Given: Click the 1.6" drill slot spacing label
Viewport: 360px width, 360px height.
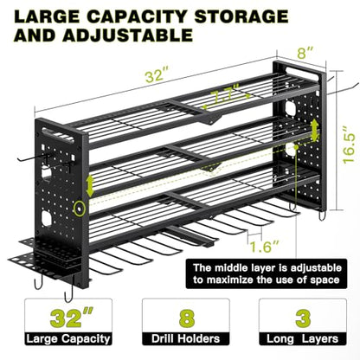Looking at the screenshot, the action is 264,247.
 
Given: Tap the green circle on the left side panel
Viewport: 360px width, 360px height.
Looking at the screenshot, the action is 79,209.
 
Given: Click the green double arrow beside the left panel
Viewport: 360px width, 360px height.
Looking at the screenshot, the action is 90,185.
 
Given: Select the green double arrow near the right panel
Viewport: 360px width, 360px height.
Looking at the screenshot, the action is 315,130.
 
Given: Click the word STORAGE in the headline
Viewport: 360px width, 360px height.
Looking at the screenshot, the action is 241,16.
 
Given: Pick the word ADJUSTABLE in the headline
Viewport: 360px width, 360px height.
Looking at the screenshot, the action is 127,35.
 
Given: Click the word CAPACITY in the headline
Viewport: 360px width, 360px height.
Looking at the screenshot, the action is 138,16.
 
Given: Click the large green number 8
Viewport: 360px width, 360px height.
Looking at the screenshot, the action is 187,318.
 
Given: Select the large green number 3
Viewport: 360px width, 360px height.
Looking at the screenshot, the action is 303,318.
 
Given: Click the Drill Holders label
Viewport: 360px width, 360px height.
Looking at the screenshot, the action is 186,338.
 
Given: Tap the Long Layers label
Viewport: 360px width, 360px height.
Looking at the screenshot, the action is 302,339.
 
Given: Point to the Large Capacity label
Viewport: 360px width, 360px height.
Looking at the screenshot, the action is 68,338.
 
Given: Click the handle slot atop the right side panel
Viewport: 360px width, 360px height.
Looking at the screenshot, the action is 303,73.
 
